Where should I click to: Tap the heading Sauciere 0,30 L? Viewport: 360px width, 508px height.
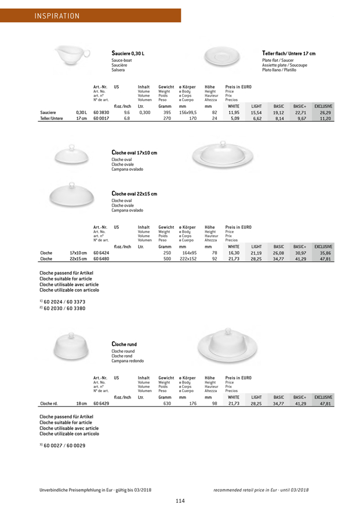[128, 53]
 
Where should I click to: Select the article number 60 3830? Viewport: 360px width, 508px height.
[101, 112]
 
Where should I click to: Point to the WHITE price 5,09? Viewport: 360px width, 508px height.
[234, 118]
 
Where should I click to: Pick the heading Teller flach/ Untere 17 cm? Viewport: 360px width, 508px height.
[289, 53]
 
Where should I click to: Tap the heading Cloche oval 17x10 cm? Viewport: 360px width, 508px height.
[134, 152]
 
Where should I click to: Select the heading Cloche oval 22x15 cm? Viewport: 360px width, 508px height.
[134, 193]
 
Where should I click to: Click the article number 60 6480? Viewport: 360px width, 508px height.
[101, 258]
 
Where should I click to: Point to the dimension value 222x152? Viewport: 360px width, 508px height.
[188, 258]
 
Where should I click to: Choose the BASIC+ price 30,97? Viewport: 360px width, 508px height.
[300, 253]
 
